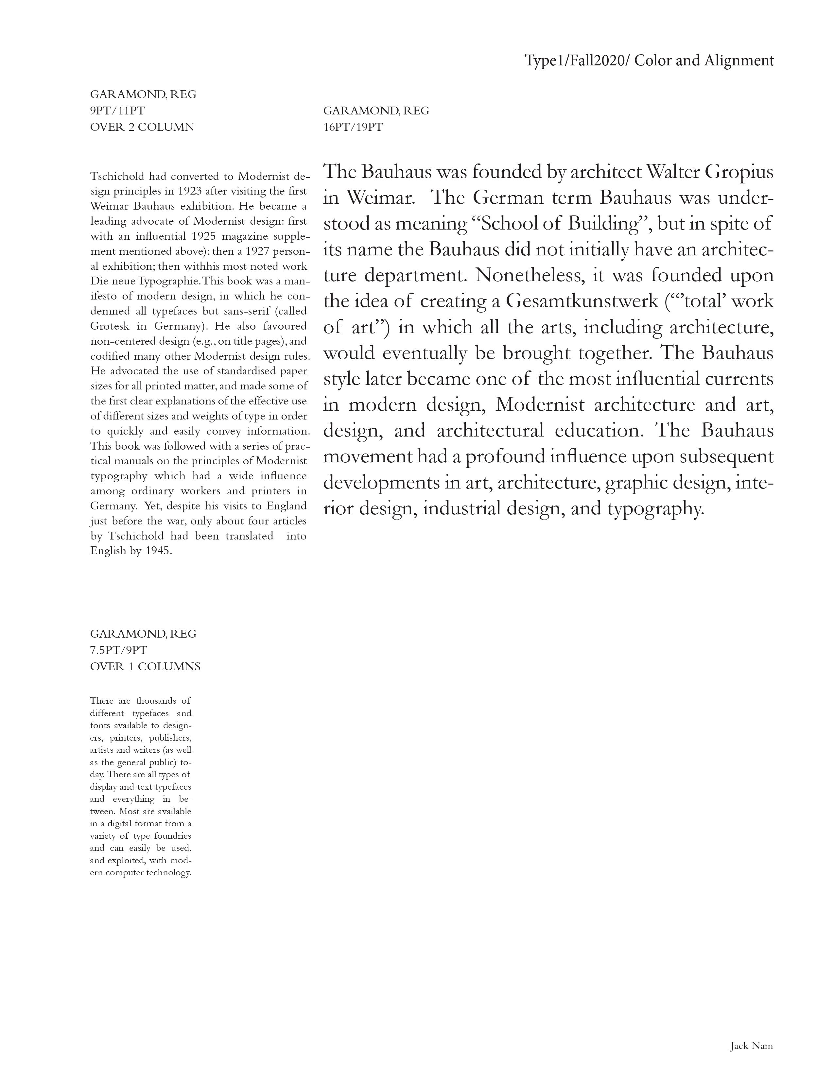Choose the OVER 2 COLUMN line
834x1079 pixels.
click(142, 127)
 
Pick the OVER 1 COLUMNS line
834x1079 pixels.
click(145, 666)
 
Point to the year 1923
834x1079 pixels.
click(190, 191)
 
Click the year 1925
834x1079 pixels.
click(203, 236)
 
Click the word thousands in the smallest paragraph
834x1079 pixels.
click(155, 701)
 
